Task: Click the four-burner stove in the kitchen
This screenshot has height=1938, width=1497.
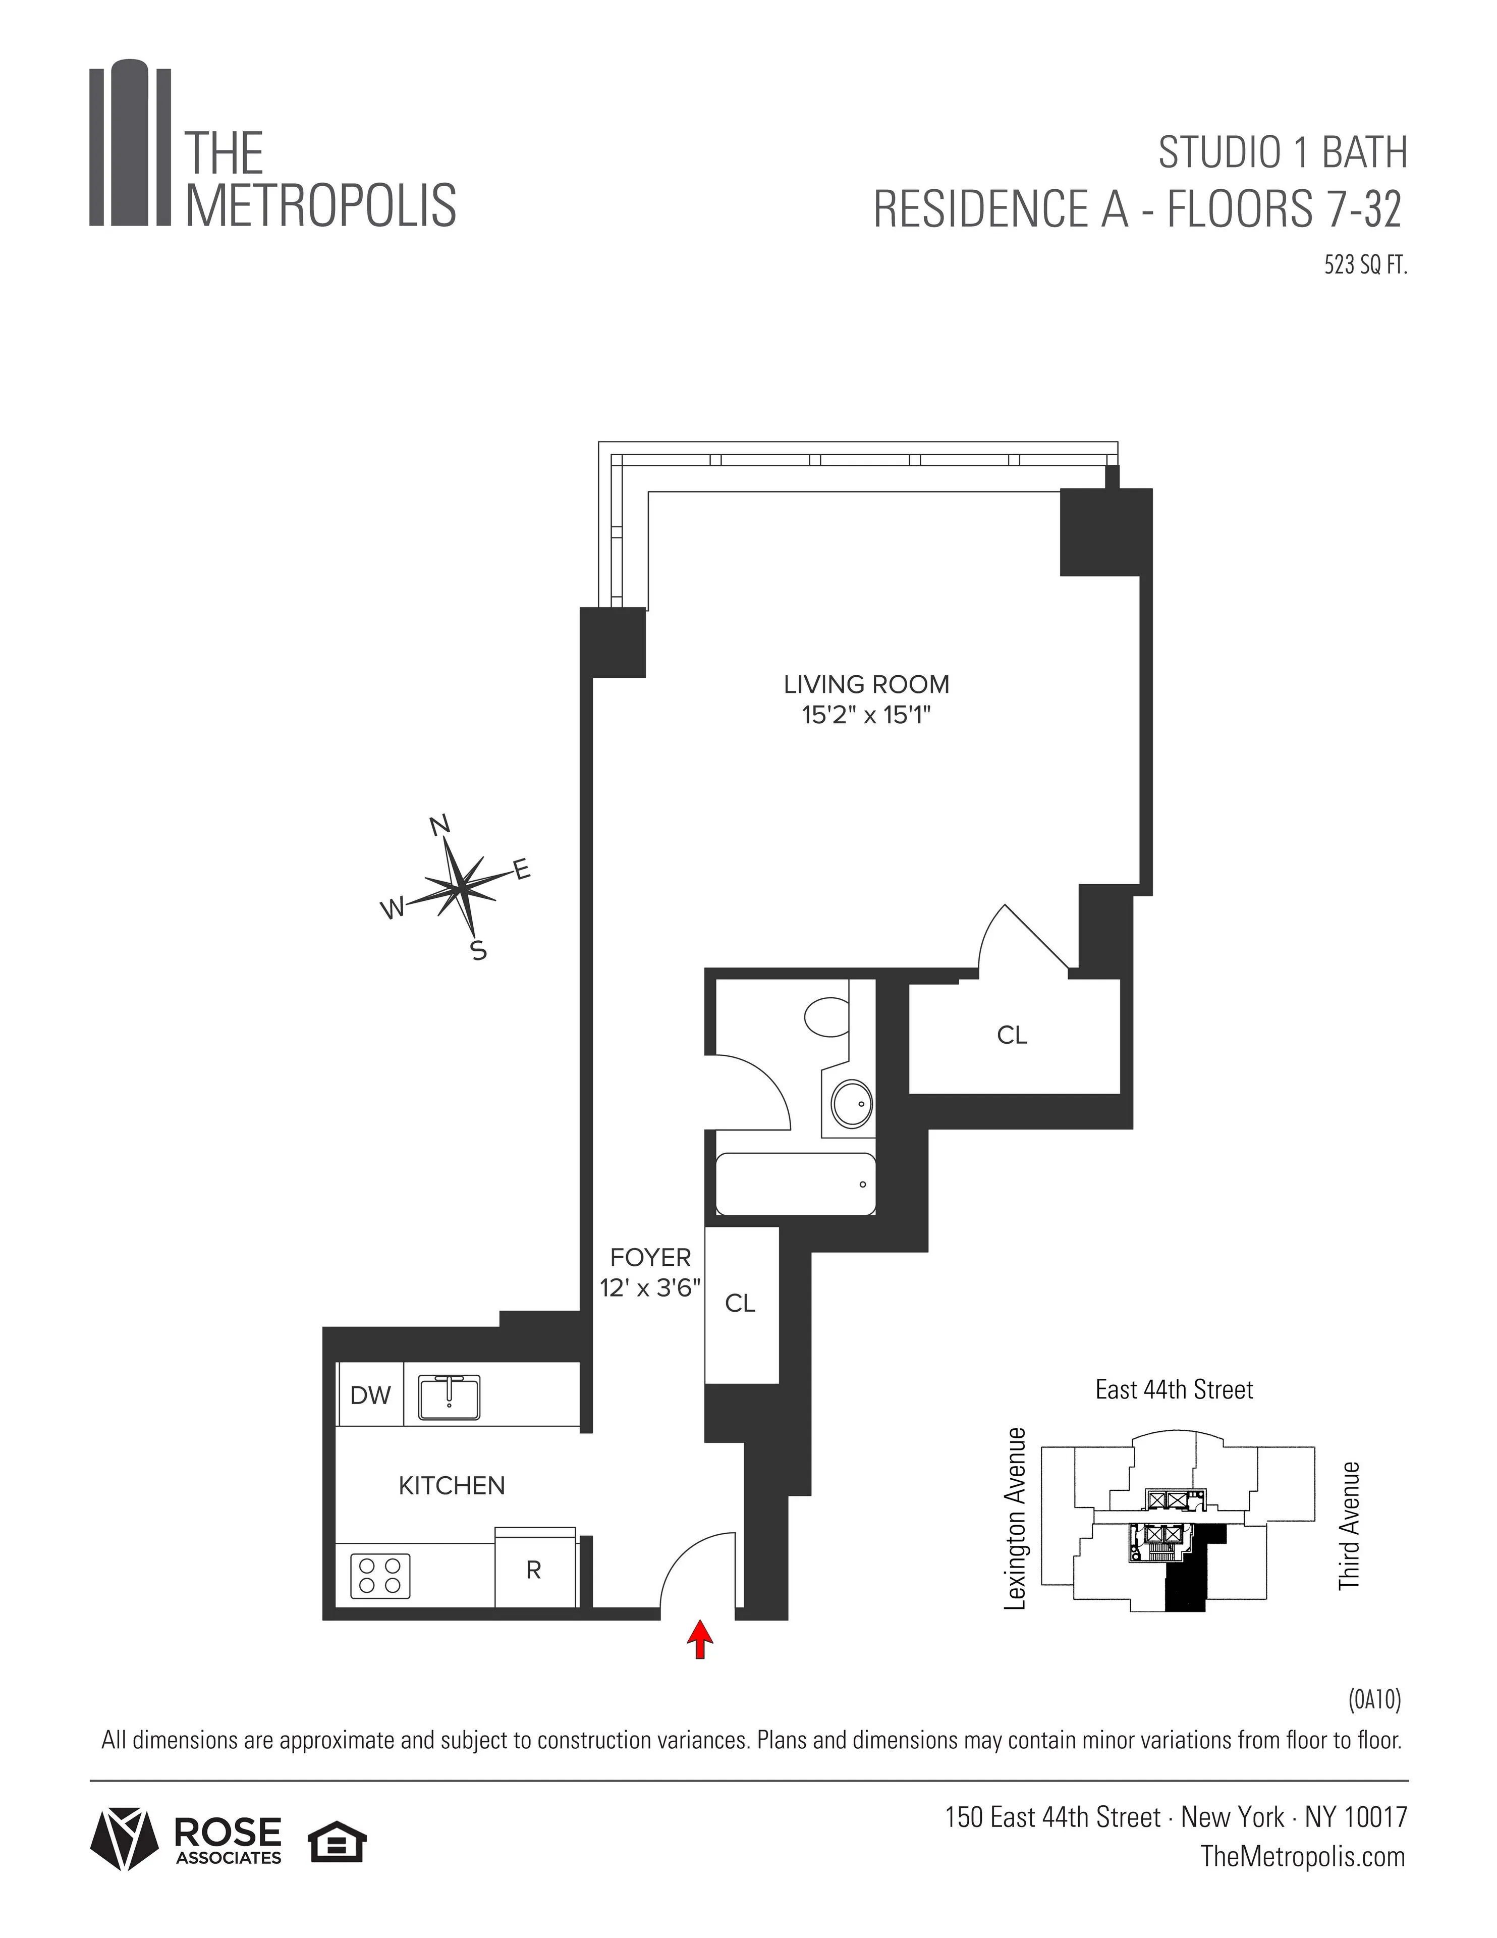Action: pos(381,1576)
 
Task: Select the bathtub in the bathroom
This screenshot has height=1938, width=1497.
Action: pos(795,1183)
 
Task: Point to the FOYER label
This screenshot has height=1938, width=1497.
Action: pos(650,1257)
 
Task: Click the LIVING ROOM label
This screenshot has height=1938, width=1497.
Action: pos(866,684)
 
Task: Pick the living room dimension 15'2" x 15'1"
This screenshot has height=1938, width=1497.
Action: pos(866,714)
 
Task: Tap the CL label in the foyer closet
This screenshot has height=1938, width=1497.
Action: pos(740,1303)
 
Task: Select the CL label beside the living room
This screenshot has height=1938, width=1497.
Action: pos(1012,1035)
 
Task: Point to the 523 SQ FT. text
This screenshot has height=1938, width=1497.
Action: pos(1366,265)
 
